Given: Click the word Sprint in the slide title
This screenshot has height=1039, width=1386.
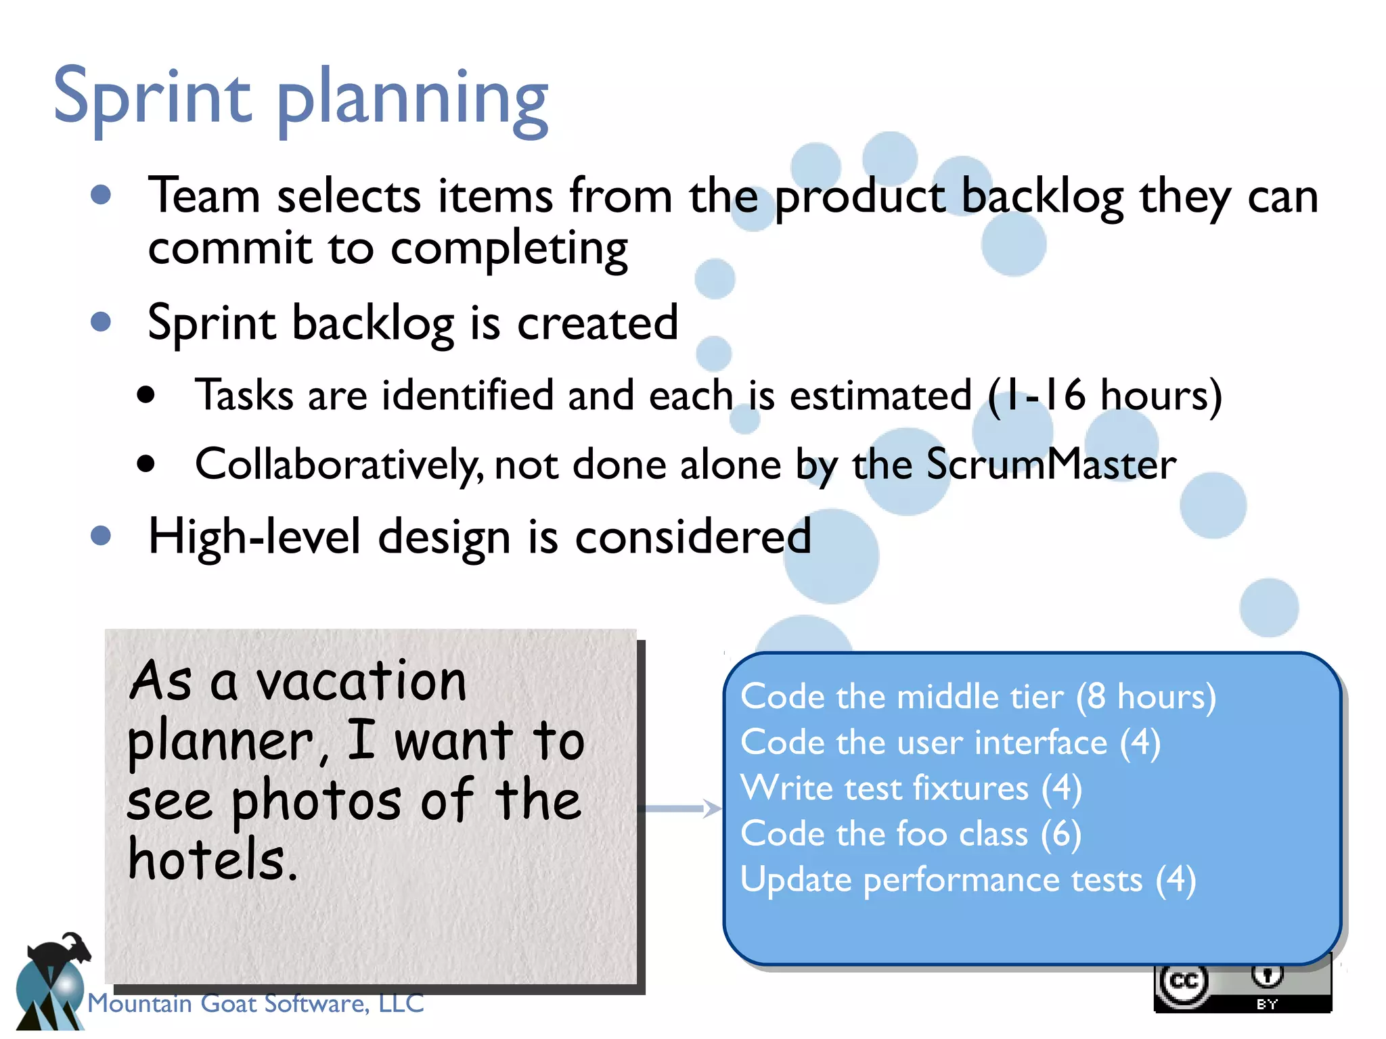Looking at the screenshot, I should pyautogui.click(x=152, y=98).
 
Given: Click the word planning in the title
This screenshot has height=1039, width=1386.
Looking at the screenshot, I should pyautogui.click(x=413, y=101).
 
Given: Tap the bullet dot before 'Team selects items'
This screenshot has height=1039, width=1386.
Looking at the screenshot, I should pyautogui.click(x=101, y=195).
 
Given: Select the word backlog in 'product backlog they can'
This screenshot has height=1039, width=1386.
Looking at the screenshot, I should pyautogui.click(x=1042, y=198).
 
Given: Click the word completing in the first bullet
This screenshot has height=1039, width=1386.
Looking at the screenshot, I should pyautogui.click(x=509, y=249).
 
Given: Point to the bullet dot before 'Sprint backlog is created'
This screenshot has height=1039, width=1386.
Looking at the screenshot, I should pyautogui.click(x=101, y=322).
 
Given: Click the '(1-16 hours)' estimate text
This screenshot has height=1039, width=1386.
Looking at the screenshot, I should pyautogui.click(x=1104, y=395).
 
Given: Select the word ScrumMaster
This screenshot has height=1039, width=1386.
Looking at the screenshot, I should pyautogui.click(x=1050, y=465).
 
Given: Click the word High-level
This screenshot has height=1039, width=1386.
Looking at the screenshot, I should pyautogui.click(x=254, y=537).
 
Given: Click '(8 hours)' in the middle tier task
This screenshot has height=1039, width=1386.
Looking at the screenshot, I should pyautogui.click(x=1146, y=697).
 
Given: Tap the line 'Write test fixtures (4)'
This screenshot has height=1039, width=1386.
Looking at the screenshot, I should pyautogui.click(x=911, y=789).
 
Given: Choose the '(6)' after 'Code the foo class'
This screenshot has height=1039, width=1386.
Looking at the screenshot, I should pyautogui.click(x=1060, y=834).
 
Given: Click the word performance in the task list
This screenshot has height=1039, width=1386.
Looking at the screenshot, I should pyautogui.click(x=1003, y=880).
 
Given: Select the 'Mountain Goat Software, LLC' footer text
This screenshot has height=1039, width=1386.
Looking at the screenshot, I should pyautogui.click(x=256, y=1003).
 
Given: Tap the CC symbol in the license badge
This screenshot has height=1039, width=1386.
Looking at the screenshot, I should pyautogui.click(x=1184, y=982).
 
